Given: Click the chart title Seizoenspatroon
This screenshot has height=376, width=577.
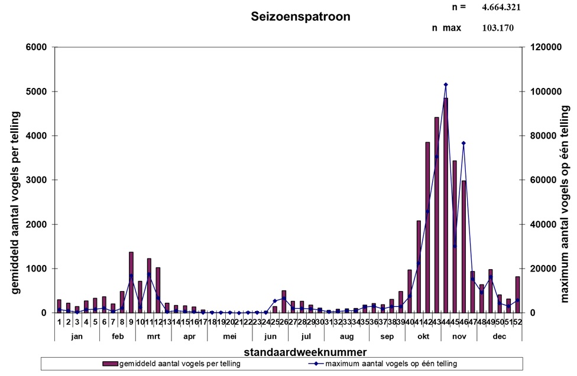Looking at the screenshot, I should point(300,17).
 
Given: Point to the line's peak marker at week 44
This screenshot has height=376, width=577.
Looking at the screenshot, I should point(445,84).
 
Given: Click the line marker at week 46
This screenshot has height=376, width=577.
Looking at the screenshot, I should point(463,143).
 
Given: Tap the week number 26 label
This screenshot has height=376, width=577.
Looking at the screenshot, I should point(284,322).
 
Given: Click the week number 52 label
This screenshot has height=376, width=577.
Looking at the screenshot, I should point(517,322).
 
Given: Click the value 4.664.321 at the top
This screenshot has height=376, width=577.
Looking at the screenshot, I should point(501,7).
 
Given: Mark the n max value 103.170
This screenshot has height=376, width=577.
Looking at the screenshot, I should point(498,28).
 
